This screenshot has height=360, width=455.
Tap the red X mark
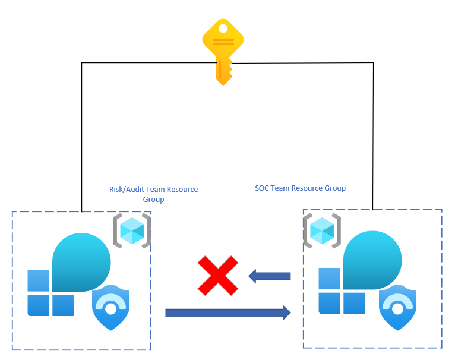pyautogui.click(x=217, y=275)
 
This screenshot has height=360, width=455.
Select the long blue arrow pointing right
pyautogui.click(x=227, y=312)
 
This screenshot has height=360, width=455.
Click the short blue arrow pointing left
pyautogui.click(x=270, y=276)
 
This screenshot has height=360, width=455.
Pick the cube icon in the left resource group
pyautogui.click(x=131, y=230)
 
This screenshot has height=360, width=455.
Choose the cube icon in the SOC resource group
pyautogui.click(x=321, y=230)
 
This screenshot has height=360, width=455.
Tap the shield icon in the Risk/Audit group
pyautogui.click(x=111, y=307)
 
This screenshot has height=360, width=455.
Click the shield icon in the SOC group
pyautogui.click(x=398, y=307)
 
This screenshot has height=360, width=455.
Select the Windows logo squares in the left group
pyautogui.click(x=50, y=293)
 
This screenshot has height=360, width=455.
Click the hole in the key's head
pyautogui.click(x=223, y=28)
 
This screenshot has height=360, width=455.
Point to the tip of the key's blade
pyautogui.click(x=223, y=82)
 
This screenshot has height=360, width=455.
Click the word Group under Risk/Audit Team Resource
pyautogui.click(x=153, y=200)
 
